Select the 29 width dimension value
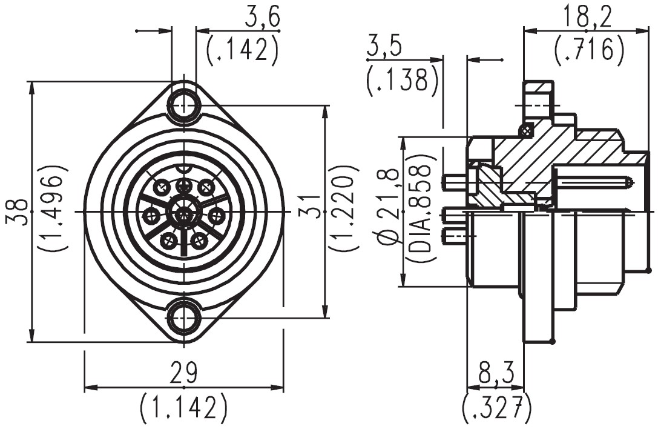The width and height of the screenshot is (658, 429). (x=183, y=374)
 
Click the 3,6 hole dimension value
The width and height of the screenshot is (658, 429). (x=262, y=18)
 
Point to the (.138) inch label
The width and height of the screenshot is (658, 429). (x=403, y=80)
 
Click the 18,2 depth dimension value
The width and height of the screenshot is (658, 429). (x=588, y=16)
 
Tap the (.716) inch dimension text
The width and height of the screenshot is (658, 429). (x=589, y=50)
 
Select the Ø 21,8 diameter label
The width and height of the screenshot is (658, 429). (x=389, y=206)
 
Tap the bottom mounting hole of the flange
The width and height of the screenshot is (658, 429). (x=183, y=318)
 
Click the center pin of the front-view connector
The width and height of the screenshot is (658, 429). (x=183, y=211)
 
